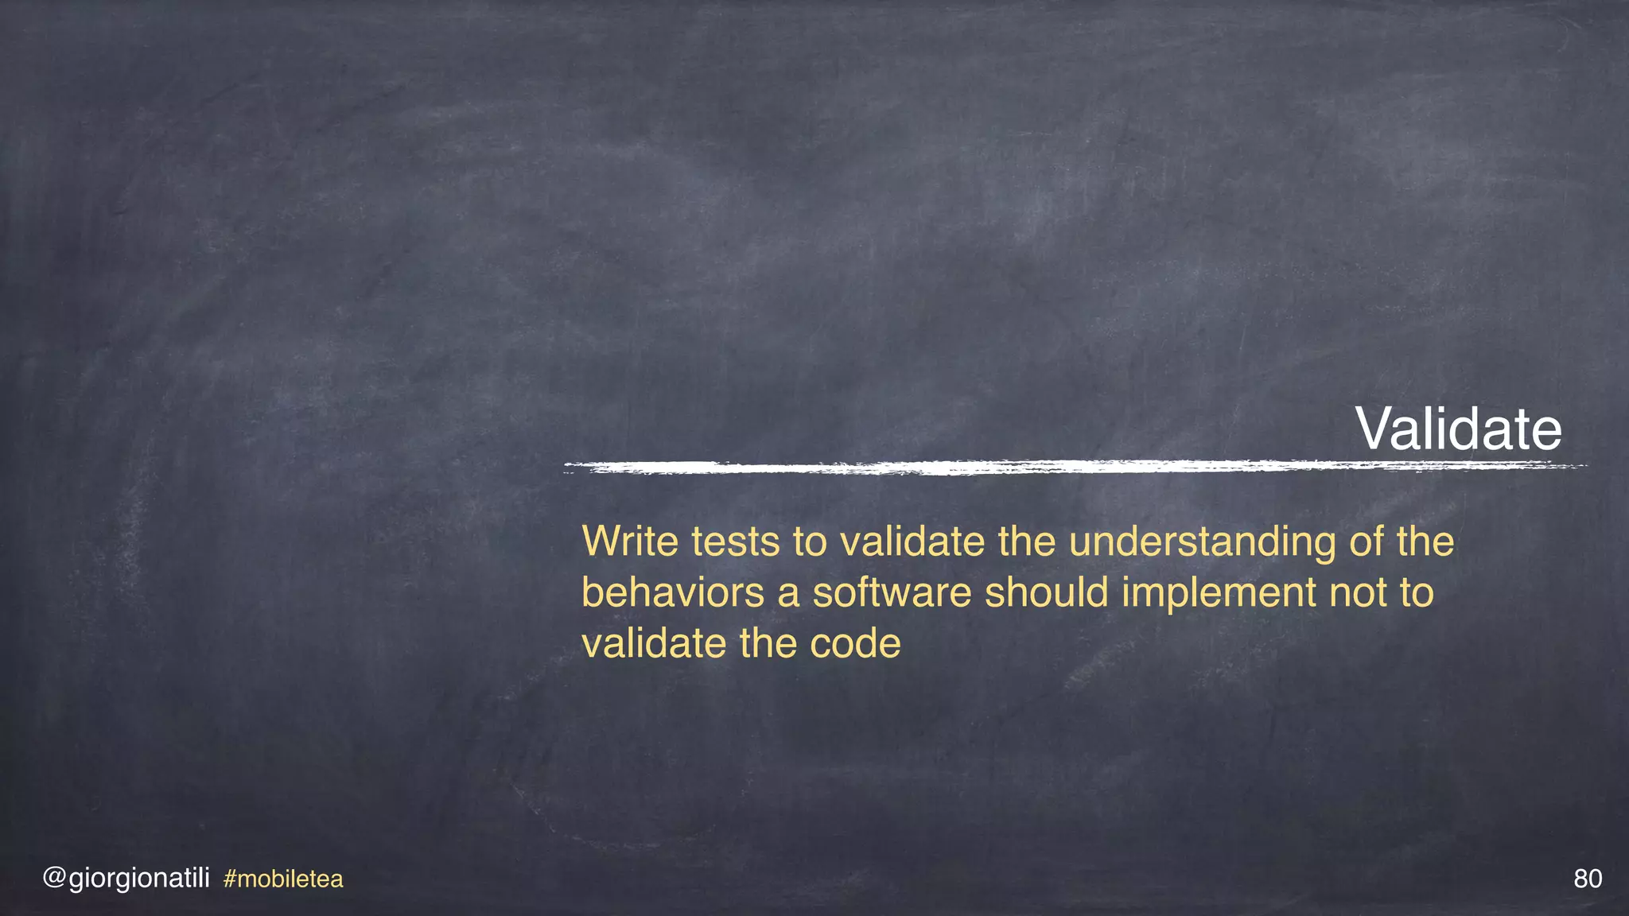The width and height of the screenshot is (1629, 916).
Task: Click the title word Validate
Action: click(x=1458, y=429)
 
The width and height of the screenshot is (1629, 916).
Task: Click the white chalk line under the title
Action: click(x=1074, y=467)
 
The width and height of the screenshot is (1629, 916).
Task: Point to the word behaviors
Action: click(x=672, y=593)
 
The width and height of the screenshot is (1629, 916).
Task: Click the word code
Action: click(x=855, y=644)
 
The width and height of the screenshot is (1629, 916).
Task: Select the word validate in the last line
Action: click(x=654, y=644)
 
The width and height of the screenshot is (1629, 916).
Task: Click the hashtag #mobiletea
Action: click(x=283, y=879)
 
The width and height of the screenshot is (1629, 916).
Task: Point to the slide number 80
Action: click(x=1588, y=879)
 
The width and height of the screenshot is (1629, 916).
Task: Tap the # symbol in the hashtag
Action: click(x=230, y=879)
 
